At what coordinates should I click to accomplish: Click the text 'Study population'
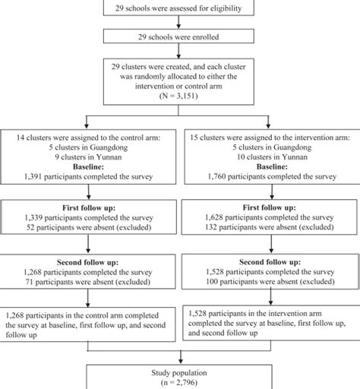180,373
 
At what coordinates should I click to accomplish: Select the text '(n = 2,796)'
180,383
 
